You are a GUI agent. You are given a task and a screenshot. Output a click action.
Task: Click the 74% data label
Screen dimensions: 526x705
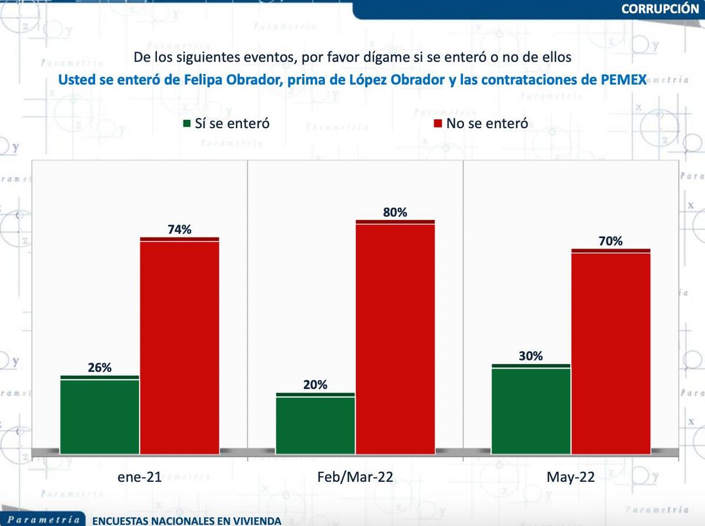pos(179,230)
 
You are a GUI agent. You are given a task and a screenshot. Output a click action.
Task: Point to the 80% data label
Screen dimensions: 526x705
pos(395,213)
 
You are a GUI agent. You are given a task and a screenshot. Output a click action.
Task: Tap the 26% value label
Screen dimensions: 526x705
pos(99,368)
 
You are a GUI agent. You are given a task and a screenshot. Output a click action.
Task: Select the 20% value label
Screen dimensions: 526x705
pos(315,386)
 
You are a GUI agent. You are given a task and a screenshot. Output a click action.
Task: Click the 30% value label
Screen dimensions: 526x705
pos(531,356)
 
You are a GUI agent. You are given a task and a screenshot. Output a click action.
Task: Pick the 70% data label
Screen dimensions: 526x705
pos(611,241)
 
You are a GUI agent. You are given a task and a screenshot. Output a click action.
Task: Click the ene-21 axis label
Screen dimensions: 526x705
pos(139,477)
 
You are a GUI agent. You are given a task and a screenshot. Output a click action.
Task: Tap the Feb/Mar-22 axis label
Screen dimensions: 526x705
pos(355,477)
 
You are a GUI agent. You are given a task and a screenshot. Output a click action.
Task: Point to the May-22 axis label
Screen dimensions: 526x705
pos(570,477)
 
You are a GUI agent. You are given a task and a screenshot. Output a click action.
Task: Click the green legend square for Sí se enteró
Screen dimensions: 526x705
pos(187,123)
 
